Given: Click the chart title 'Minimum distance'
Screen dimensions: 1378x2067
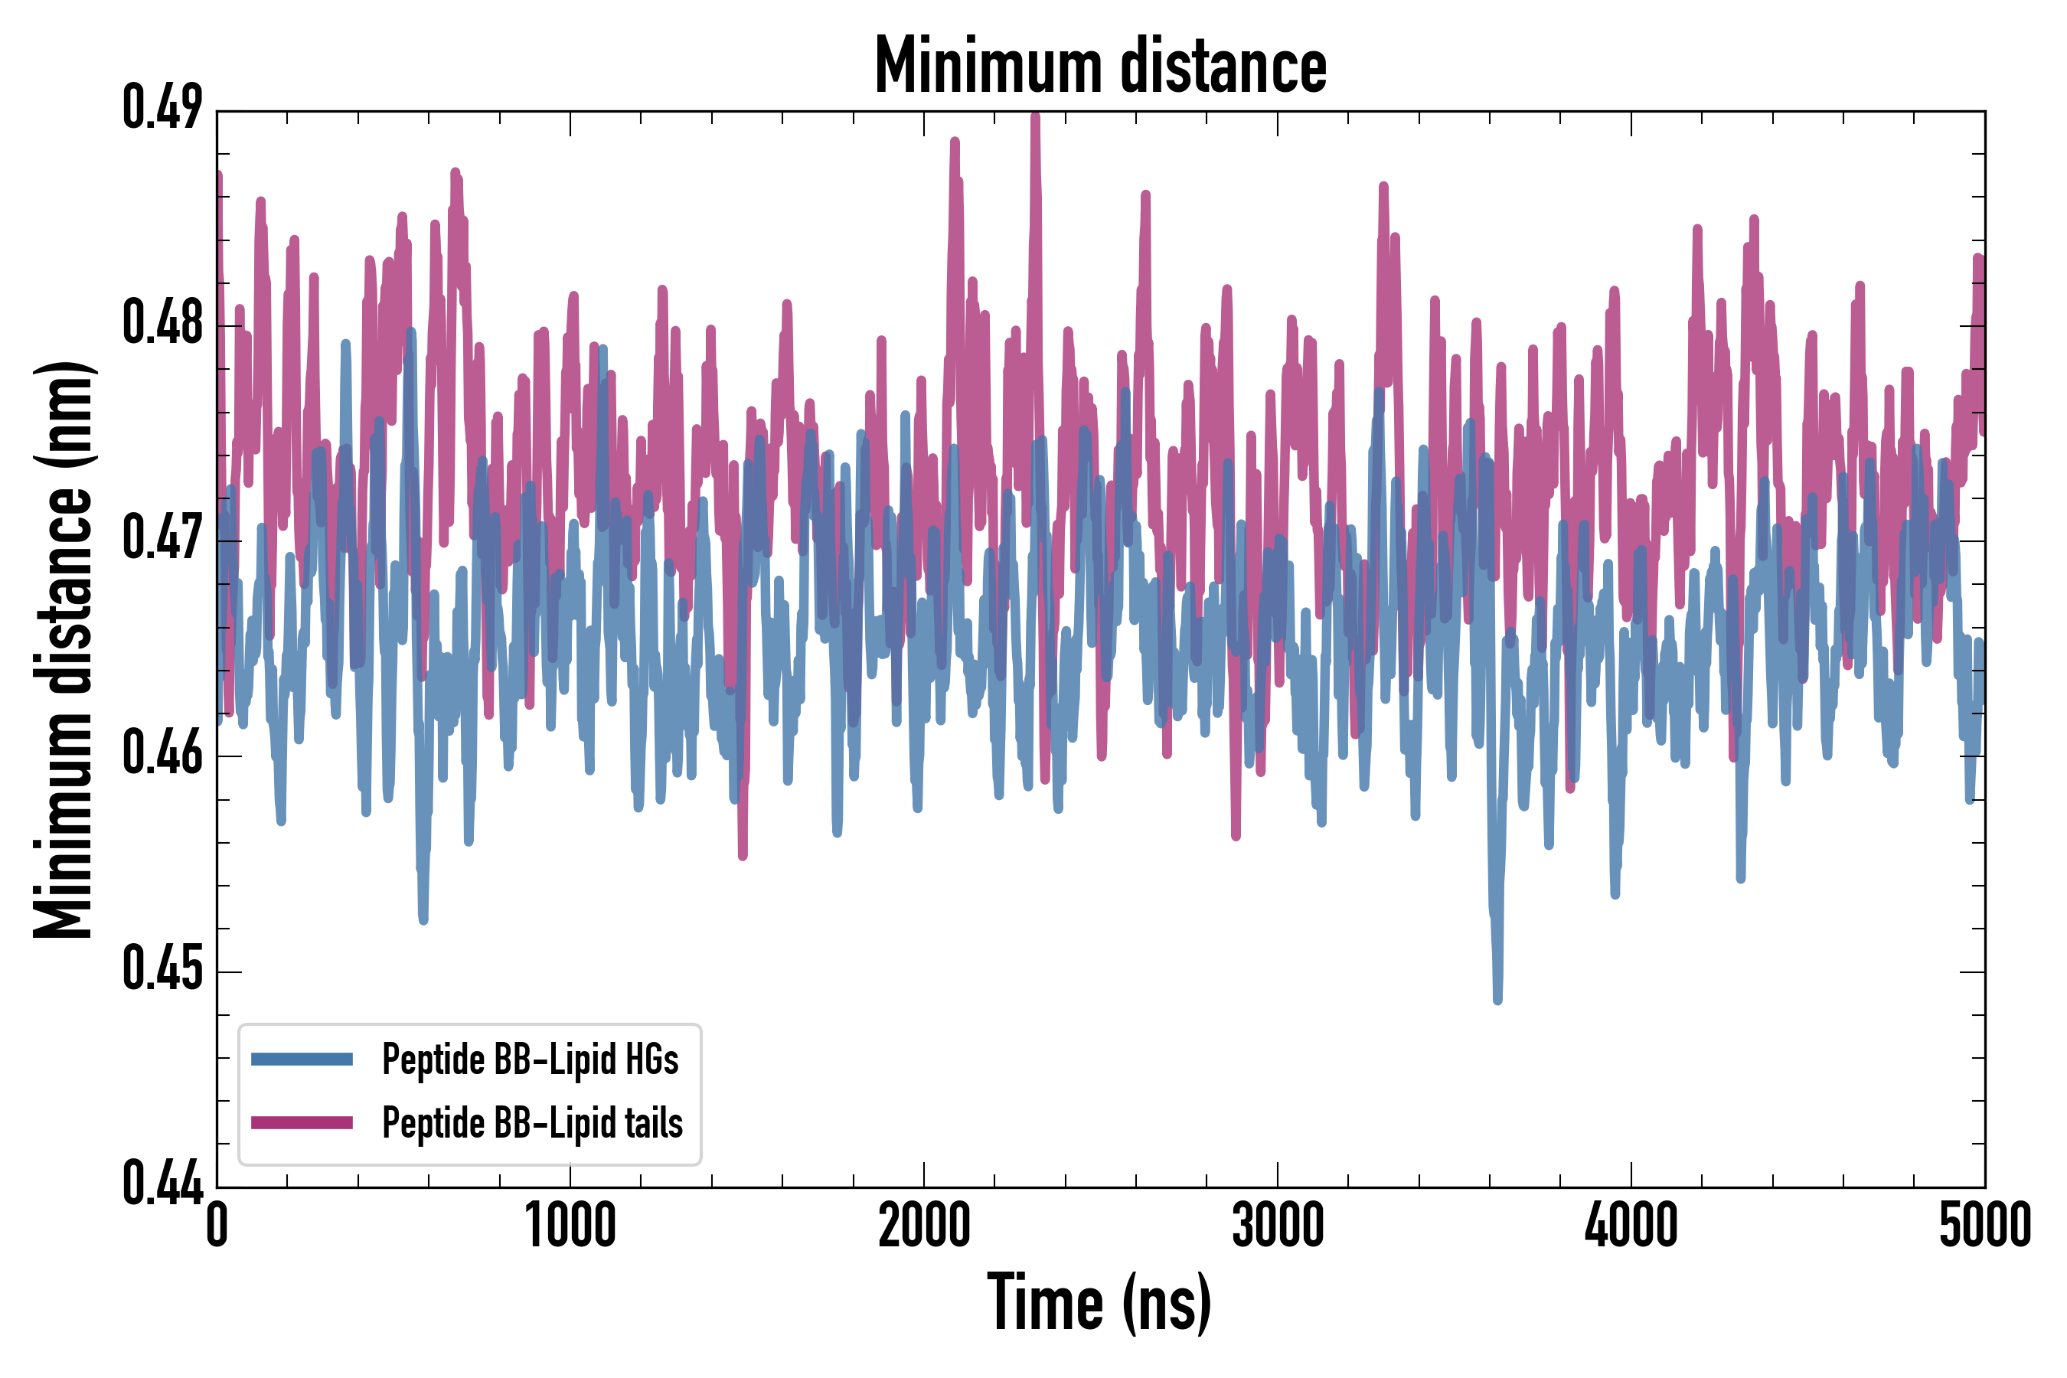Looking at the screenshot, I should click(1100, 66).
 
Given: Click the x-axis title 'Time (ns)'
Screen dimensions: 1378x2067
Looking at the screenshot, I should click(1099, 1302).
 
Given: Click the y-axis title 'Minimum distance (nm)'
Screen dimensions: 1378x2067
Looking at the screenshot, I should click(64, 649).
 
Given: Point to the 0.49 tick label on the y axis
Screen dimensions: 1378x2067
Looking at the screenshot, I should click(162, 108).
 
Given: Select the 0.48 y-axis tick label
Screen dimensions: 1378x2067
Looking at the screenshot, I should click(162, 323).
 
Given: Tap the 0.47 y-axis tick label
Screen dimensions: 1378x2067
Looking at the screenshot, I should click(162, 539).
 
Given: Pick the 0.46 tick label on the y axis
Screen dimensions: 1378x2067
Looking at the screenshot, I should click(162, 754).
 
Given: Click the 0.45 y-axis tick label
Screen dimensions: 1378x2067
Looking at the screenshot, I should click(162, 969).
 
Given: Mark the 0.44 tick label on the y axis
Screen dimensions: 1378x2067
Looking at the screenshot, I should click(162, 1184).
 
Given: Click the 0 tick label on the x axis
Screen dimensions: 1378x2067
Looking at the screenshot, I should click(217, 1224).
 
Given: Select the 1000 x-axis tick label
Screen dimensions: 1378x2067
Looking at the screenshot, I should click(570, 1224).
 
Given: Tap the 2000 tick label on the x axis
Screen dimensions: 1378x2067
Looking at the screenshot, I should click(924, 1224).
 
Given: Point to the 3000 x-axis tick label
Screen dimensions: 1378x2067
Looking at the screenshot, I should click(1277, 1224).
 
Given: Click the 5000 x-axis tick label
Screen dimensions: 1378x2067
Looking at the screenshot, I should click(1984, 1224).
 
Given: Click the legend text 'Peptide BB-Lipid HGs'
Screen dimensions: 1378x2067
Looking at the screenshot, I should click(530, 1059).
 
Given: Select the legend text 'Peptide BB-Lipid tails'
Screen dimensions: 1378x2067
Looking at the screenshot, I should click(532, 1123).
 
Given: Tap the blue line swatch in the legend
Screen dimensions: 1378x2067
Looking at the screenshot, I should click(302, 1059).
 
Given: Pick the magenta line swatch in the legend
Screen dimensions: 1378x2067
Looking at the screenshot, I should click(302, 1122).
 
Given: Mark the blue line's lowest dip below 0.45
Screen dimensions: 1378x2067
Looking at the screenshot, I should click(1497, 999).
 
